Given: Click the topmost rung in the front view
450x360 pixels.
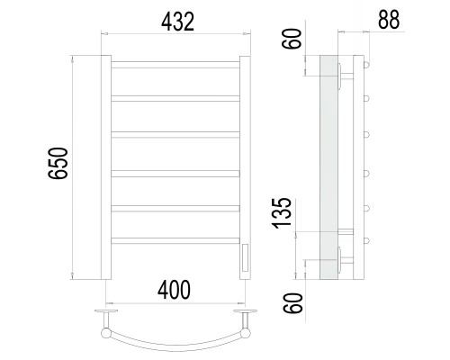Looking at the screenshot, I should (175, 65).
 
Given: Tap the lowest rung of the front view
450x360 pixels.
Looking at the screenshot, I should (175, 240).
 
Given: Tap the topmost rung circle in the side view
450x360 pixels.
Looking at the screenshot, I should (366, 65).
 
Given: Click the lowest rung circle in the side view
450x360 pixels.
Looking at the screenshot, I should (366, 240).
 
